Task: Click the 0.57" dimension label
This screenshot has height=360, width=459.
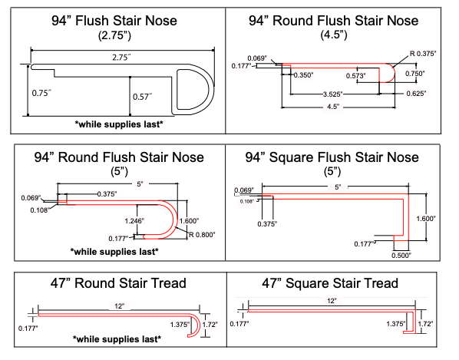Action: coord(143,96)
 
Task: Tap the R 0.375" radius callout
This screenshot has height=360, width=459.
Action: coord(423,54)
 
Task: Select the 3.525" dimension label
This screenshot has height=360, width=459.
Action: coord(332,94)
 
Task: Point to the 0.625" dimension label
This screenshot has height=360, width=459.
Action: coord(416,94)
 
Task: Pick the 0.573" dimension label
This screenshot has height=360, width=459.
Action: coord(355,76)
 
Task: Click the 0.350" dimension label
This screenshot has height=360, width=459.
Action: coord(303,75)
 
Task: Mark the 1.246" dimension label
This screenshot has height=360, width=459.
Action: coord(134,221)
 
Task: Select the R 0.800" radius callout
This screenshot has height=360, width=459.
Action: coord(202,235)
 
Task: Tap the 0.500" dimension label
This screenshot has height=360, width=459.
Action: coord(401,255)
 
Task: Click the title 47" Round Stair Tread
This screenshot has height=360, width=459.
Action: coord(118,283)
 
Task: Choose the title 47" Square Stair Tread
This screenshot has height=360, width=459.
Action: coord(330,283)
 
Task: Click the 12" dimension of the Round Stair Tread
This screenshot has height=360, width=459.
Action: coord(120,306)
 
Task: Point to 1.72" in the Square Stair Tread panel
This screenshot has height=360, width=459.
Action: coord(425,324)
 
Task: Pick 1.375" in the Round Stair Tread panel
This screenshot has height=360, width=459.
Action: coord(180,324)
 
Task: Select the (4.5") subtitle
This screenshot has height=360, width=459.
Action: coord(334,35)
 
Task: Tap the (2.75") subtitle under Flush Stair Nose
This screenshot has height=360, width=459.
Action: coord(114,35)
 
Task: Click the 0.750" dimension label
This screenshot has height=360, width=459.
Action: coord(414,74)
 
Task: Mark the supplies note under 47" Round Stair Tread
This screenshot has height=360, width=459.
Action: coord(117,339)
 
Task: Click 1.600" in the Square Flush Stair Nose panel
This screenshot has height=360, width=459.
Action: coord(426,218)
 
